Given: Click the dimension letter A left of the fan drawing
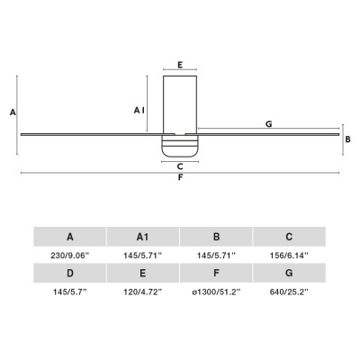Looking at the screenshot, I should point(12,112).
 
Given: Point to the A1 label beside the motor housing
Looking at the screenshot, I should point(139,110).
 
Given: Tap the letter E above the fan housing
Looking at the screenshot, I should point(180,65).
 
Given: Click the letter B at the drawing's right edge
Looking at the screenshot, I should point(347,139).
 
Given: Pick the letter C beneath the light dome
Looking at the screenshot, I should point(180,166).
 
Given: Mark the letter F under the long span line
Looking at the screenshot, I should point(180,178).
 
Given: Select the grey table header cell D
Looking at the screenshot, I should point(70,273).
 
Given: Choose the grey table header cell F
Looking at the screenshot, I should point(217,273).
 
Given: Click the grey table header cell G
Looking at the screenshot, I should point(290,273).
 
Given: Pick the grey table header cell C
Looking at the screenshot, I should point(290,237).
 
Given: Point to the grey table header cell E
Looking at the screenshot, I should point(143,273).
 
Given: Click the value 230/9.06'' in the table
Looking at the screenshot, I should point(70,256).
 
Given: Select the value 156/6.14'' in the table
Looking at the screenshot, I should point(290,256).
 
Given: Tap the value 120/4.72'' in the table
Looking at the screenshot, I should point(143,292).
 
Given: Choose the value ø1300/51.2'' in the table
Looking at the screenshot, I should point(217,292).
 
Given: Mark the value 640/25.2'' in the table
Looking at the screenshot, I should point(290,292).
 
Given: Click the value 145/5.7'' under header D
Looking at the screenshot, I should point(70,292).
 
